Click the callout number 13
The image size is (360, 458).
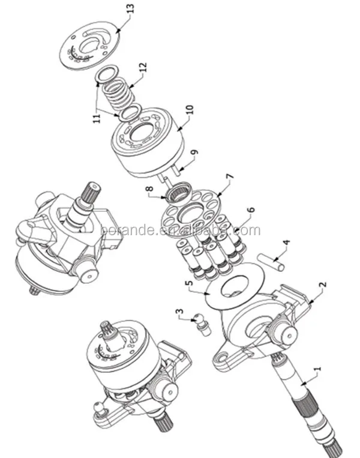[x=130, y=9]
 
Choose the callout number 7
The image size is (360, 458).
[x=228, y=177]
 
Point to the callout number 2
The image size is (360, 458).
[x=322, y=286]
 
